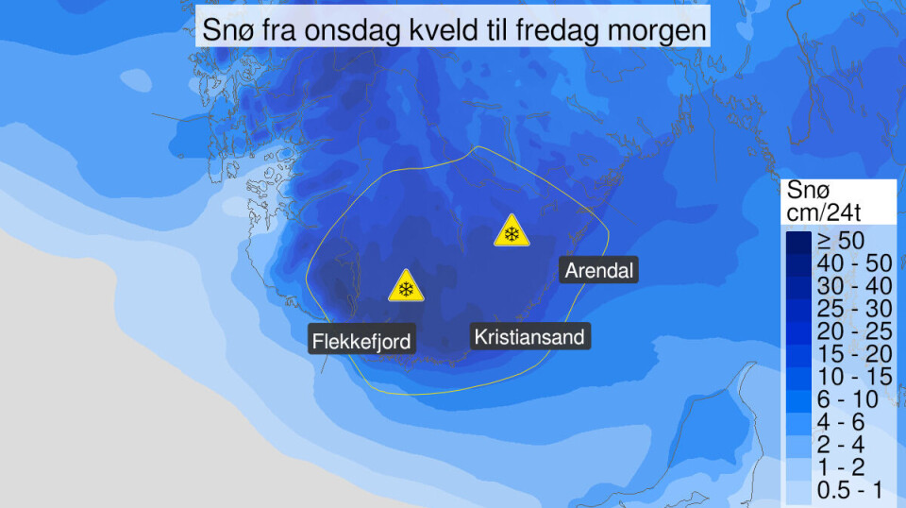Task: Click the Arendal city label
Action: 599,271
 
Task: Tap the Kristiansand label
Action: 529,336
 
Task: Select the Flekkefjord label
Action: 363,340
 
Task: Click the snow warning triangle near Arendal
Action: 511,232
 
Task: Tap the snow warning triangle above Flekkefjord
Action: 406,287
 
